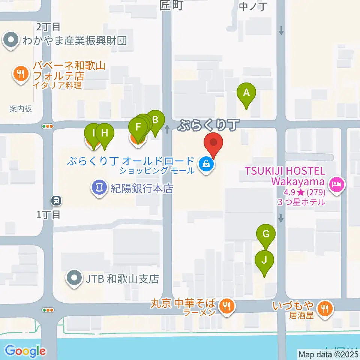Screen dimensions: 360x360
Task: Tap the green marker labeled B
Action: [155, 120]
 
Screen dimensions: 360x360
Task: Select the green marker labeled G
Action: [266, 234]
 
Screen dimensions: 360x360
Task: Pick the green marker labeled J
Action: [264, 259]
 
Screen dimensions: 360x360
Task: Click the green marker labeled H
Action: [104, 133]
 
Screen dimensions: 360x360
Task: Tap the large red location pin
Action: [214, 142]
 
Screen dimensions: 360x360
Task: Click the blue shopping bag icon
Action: [206, 164]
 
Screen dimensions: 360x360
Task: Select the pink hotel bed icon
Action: [336, 184]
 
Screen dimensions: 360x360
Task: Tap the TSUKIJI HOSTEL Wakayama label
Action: [285, 177]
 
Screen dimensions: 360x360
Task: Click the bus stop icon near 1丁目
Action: [56, 201]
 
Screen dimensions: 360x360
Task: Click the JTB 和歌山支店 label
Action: [123, 279]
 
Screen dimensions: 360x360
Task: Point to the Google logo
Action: [25, 351]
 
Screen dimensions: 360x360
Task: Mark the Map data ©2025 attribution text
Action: [328, 354]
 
